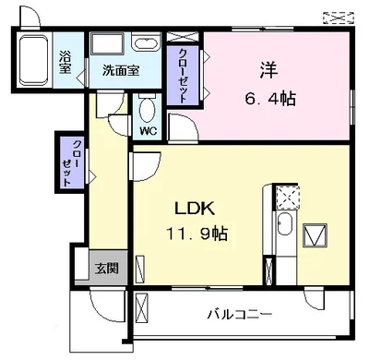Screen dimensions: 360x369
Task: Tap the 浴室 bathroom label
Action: coord(65,60)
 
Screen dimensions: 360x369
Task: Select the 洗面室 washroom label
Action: coord(120,70)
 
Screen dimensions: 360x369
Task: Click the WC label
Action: coord(148,130)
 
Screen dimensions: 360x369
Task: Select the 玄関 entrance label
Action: coord(105,269)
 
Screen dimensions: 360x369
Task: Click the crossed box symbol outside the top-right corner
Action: coord(339,17)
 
